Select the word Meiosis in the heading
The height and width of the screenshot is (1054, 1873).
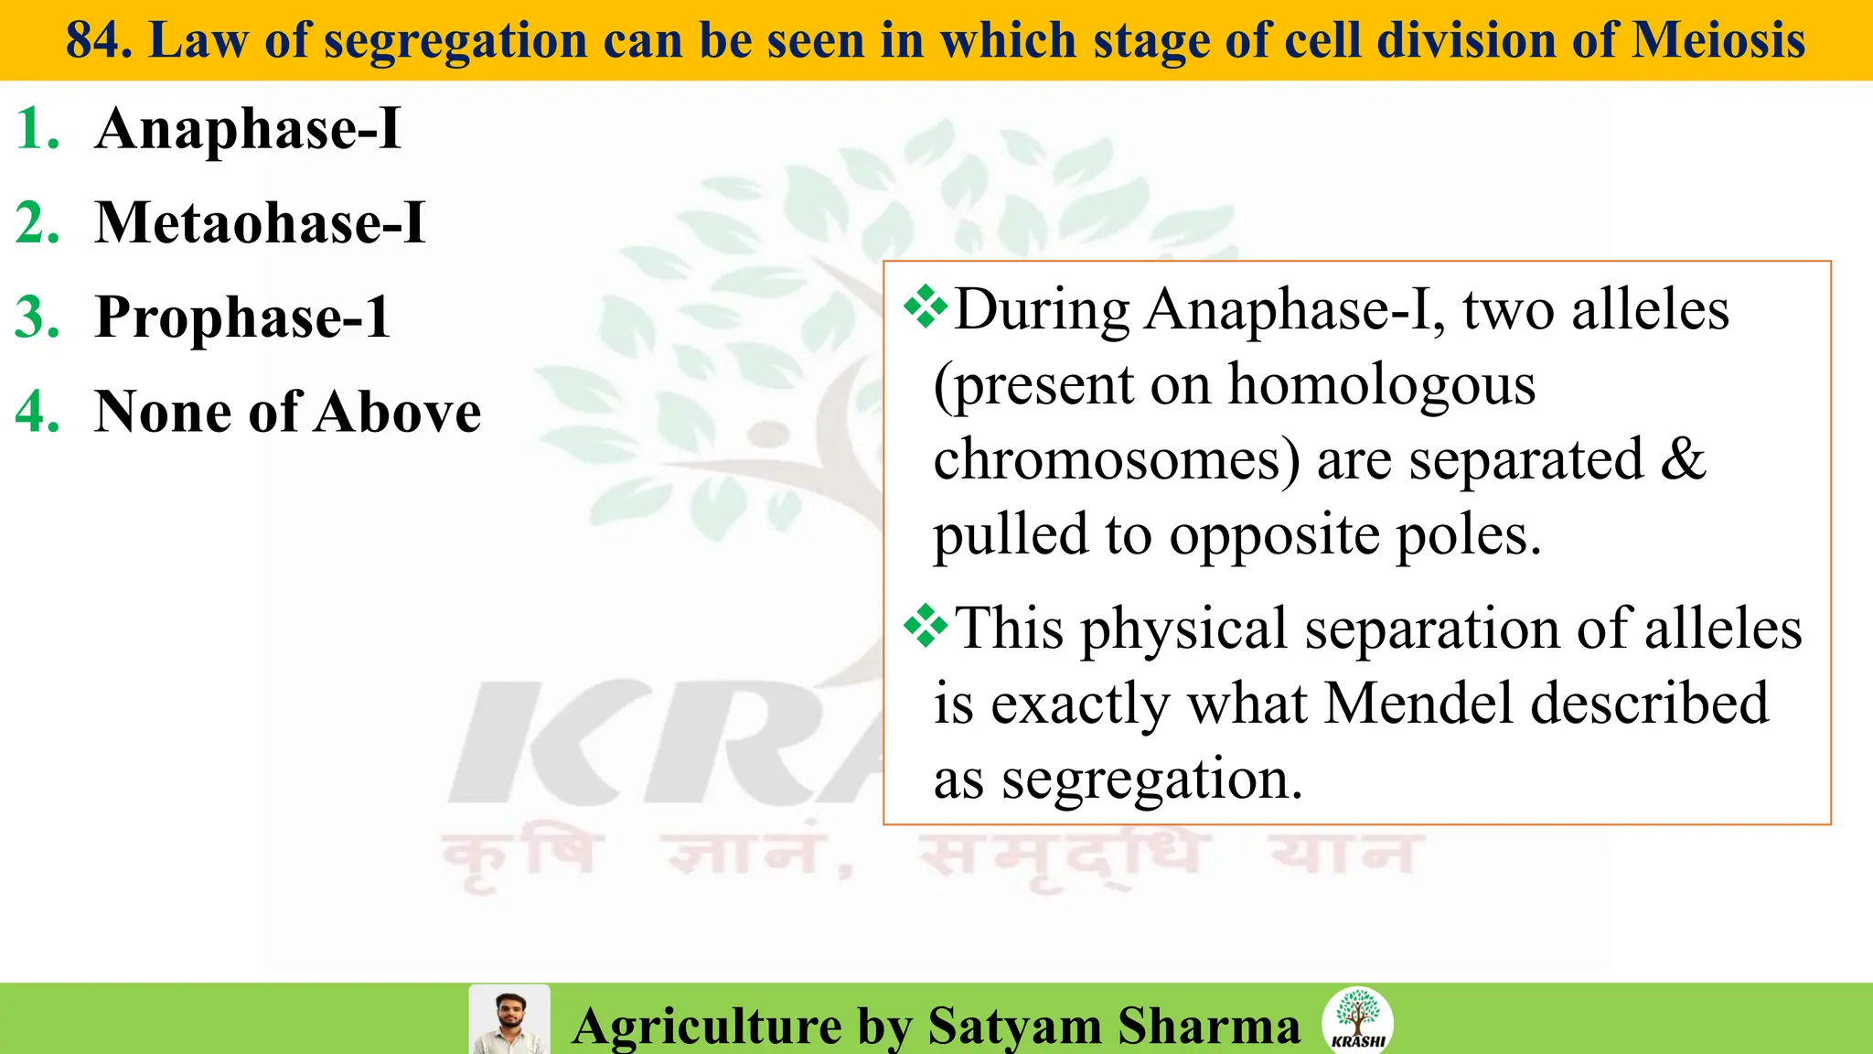point(1718,40)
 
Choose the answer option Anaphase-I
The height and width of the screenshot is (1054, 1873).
point(248,128)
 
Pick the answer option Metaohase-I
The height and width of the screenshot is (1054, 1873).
point(261,222)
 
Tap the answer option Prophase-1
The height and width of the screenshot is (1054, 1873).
point(242,317)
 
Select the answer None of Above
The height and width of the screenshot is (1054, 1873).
point(288,411)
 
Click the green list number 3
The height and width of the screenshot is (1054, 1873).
point(37,317)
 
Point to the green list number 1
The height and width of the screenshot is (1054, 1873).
point(37,128)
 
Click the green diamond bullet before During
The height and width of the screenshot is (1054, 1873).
point(926,307)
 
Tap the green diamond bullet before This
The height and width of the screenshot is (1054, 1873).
point(926,627)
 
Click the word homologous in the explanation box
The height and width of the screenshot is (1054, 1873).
point(1381,384)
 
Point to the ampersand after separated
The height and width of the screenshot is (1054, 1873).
point(1683,459)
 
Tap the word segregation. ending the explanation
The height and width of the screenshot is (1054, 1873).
point(1151,780)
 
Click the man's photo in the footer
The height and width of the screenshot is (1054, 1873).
point(509,1020)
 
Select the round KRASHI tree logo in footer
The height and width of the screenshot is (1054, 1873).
point(1357,1020)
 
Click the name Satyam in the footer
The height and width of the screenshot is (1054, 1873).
point(1014,1026)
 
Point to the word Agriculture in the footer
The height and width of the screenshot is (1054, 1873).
point(707,1026)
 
